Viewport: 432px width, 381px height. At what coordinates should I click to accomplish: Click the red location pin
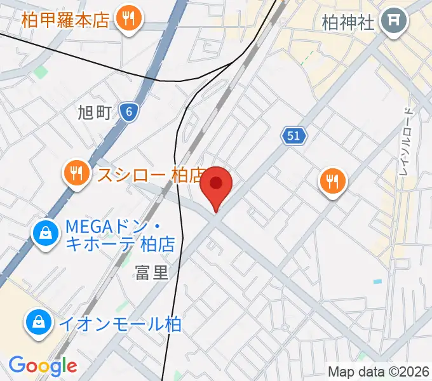coord(216,185)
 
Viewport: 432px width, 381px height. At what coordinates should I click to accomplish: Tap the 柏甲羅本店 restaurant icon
coord(129,18)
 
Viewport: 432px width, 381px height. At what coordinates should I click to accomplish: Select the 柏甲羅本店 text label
coord(65,19)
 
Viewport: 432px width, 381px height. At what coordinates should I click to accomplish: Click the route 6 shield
coord(129,112)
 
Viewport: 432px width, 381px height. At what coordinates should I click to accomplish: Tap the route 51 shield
coord(294,135)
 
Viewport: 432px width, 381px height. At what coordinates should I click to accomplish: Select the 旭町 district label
coord(95,113)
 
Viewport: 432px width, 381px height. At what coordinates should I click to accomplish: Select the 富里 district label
coord(152,273)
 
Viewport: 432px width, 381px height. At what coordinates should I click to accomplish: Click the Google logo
coord(43,366)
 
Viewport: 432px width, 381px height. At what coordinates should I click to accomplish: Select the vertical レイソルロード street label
coord(407,141)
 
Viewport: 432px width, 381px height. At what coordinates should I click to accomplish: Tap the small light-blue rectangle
coord(379,281)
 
